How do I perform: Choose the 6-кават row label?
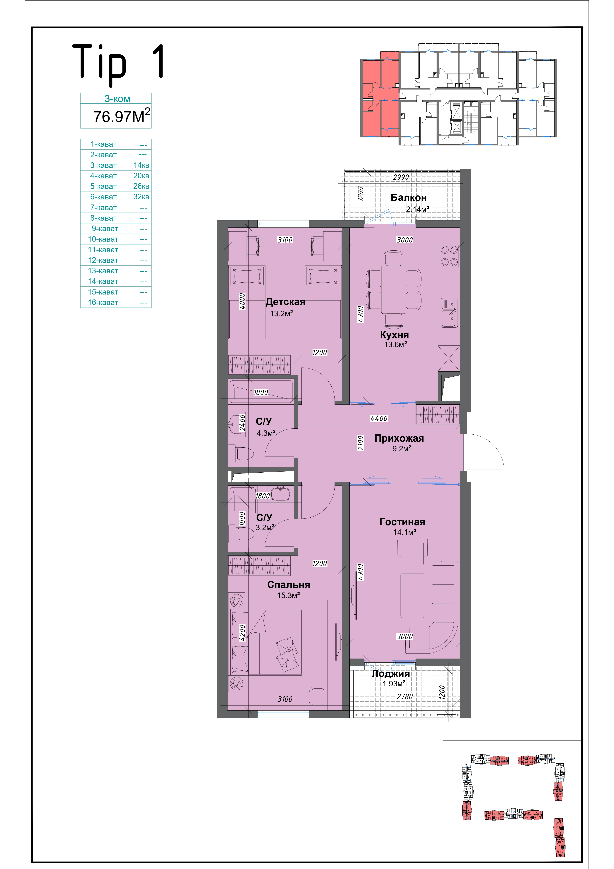(x=103, y=197)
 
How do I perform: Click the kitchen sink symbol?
(x=450, y=313)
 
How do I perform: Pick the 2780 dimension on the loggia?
(x=404, y=696)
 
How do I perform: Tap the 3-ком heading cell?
(x=117, y=99)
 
